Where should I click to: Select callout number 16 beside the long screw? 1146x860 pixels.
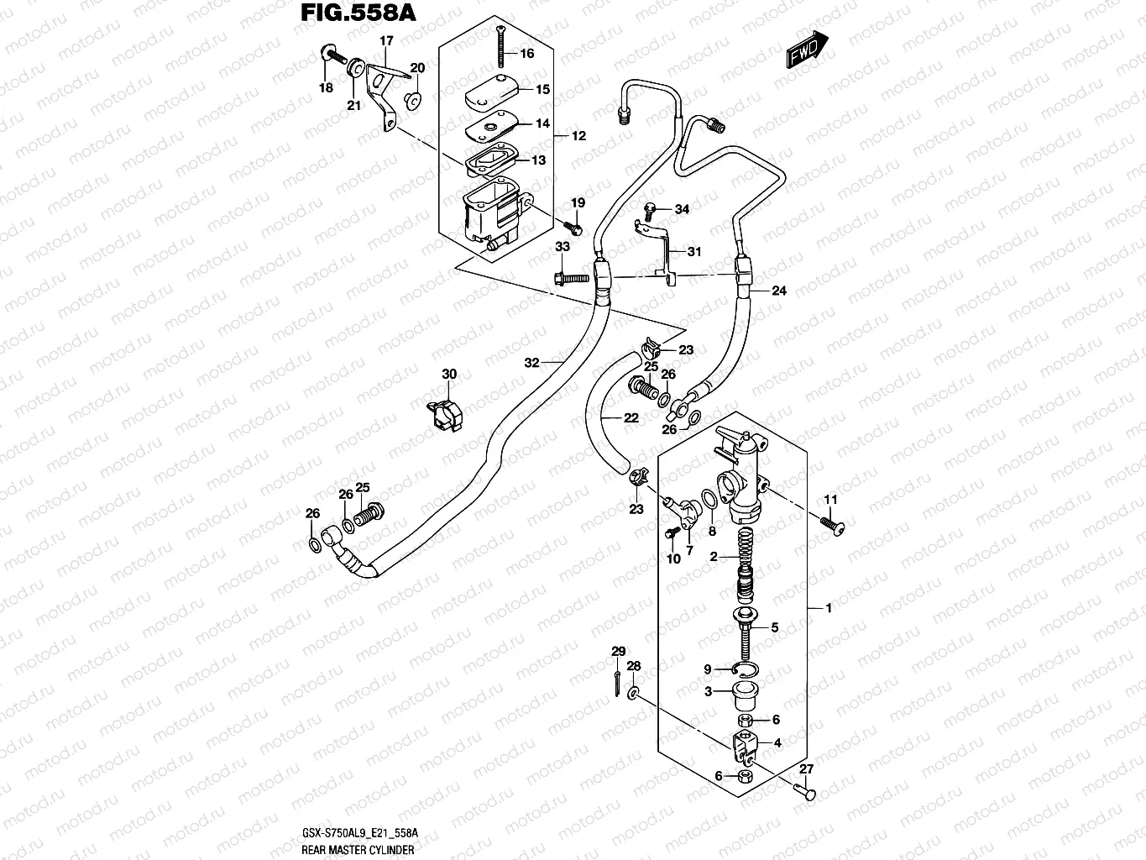[x=526, y=54]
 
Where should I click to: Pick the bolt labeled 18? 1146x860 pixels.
[x=332, y=58]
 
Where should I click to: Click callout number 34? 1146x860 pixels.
[x=681, y=209]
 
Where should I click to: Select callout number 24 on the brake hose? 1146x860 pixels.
[x=778, y=291]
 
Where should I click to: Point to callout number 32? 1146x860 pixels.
[x=531, y=363]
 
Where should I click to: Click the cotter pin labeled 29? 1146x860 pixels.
[x=616, y=676]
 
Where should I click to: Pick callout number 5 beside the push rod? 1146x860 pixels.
[x=774, y=627]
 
